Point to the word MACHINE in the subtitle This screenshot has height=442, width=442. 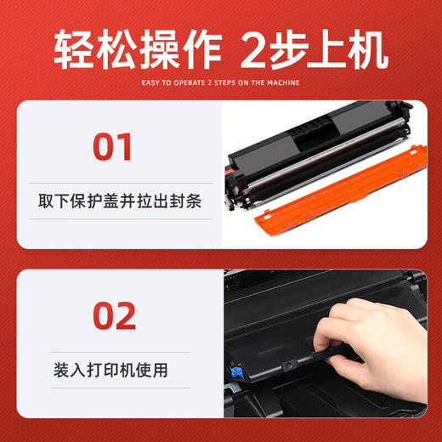286,82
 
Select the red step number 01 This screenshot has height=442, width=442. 113,146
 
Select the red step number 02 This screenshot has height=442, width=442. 113,315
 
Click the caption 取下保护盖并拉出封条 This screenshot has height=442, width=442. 112,201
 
